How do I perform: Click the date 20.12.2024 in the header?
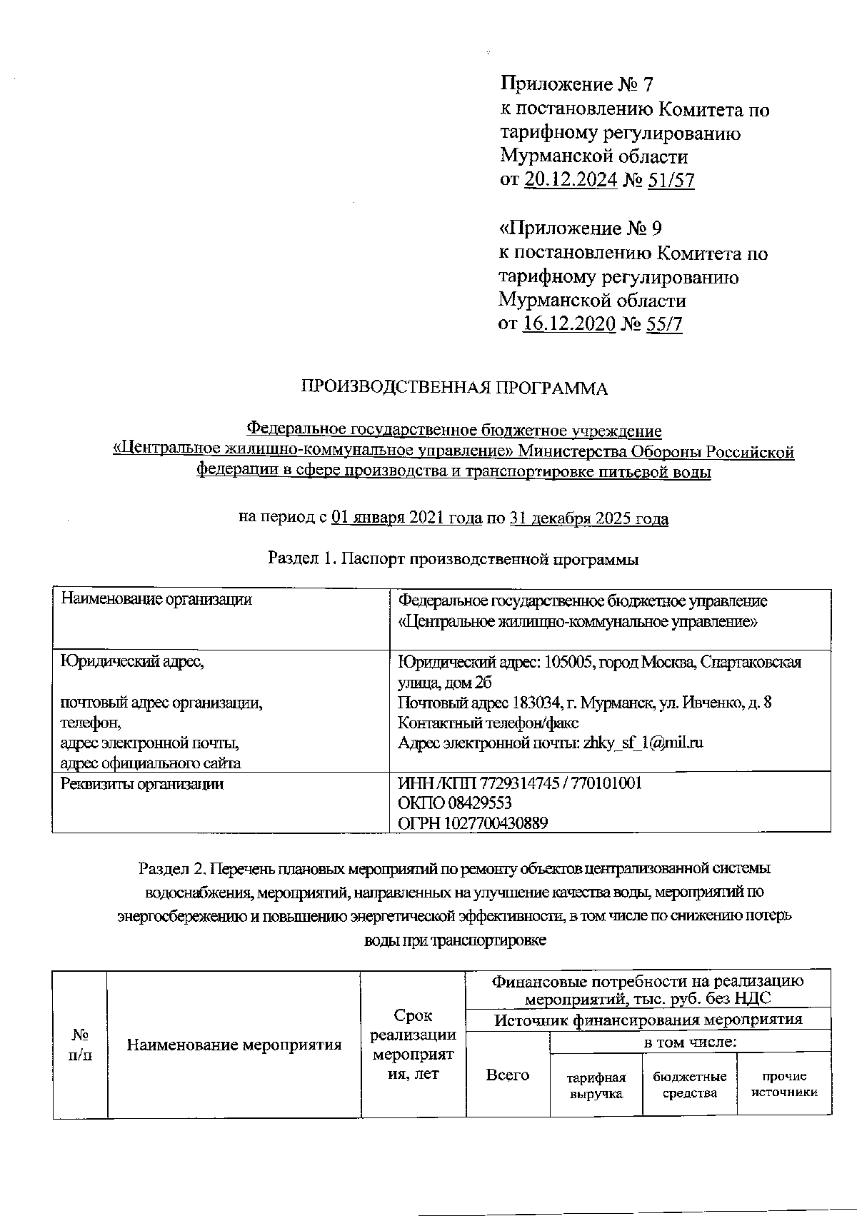[x=571, y=180]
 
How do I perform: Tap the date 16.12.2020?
[x=569, y=324]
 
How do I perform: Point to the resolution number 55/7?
[x=663, y=324]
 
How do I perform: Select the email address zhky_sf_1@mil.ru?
[x=643, y=743]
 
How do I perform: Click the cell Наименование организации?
[x=156, y=600]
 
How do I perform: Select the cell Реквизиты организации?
[x=142, y=784]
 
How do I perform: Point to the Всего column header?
[x=507, y=1075]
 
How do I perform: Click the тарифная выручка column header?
[x=596, y=1085]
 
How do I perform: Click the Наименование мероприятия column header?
[x=234, y=1045]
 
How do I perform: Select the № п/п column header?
[x=80, y=1045]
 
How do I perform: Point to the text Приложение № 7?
[x=576, y=85]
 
